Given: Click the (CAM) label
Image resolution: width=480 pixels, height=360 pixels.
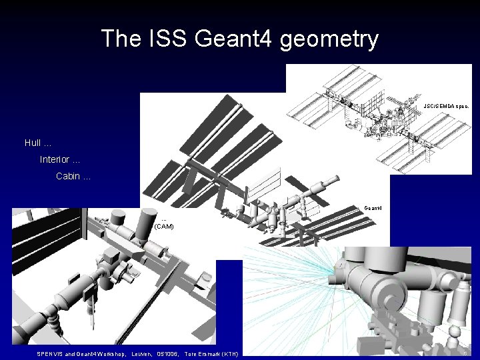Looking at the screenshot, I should (x=164, y=226).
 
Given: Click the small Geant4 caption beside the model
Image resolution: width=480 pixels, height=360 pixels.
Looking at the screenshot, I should (x=373, y=207).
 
